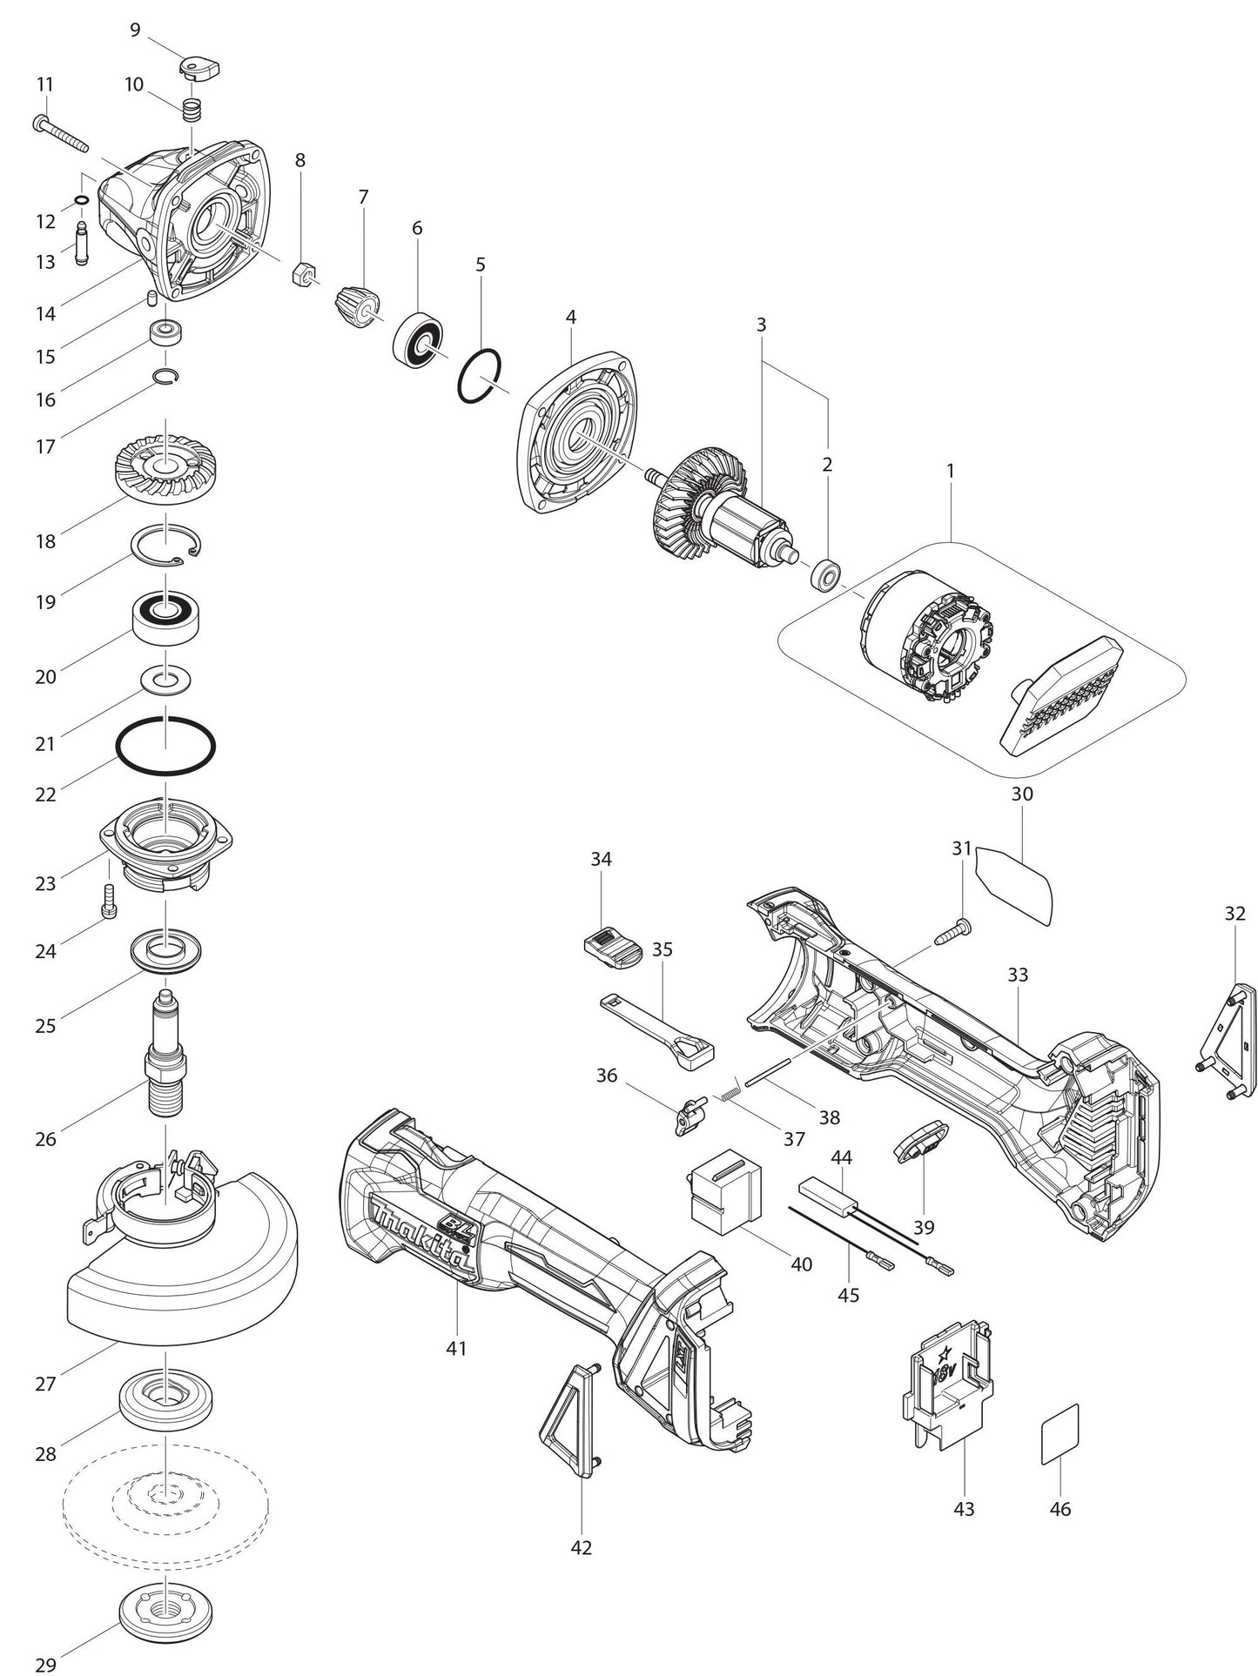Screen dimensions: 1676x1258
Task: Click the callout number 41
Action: (456, 1347)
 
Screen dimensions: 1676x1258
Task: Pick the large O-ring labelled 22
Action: (165, 746)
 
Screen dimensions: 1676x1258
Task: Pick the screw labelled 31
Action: (952, 932)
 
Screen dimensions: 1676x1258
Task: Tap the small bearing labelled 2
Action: (824, 575)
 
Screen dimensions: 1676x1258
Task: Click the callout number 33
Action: (1018, 975)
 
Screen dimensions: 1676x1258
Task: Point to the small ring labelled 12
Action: (81, 201)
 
